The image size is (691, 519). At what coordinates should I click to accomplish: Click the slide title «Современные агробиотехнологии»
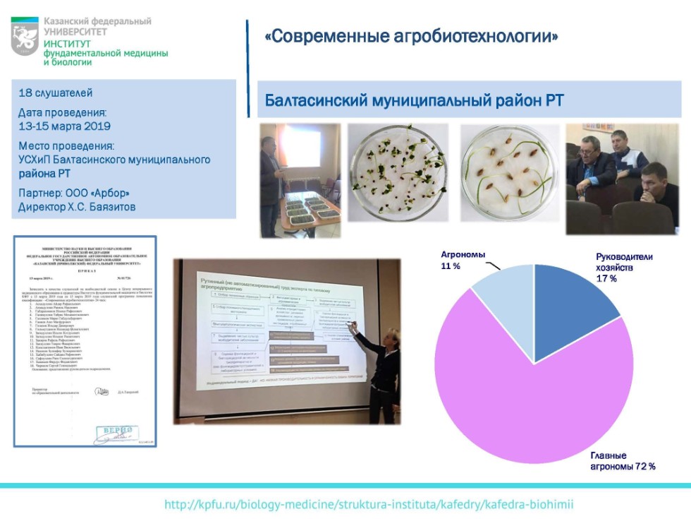tap(411, 36)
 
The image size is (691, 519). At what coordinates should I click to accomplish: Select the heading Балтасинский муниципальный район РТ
tap(414, 100)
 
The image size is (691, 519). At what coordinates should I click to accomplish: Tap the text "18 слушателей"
tap(55, 93)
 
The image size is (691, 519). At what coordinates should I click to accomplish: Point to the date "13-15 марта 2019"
tap(64, 126)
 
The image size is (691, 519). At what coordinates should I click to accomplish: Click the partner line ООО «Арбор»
tap(74, 193)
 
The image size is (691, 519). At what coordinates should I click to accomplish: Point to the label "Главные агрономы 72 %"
tap(623, 460)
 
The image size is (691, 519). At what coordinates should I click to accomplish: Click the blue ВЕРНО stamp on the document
tap(116, 430)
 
